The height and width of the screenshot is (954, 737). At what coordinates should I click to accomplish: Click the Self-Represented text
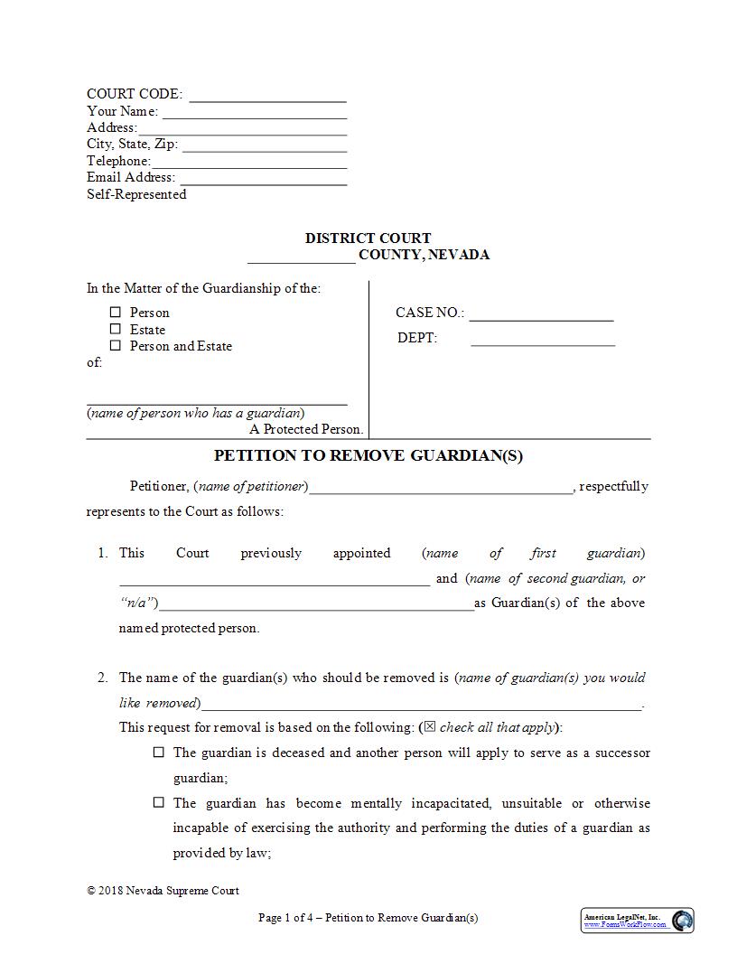tap(136, 194)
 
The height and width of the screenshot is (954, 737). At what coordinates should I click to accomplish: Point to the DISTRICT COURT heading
tap(368, 238)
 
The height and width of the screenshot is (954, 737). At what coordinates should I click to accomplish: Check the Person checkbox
tap(115, 313)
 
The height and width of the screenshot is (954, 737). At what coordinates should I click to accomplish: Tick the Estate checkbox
tap(115, 329)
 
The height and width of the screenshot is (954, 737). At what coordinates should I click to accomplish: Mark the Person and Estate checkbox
tap(115, 346)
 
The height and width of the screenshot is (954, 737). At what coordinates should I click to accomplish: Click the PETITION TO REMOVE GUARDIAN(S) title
tap(368, 455)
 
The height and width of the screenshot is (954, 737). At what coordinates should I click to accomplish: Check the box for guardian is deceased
tap(159, 753)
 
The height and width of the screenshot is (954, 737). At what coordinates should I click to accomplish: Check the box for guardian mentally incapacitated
tap(159, 803)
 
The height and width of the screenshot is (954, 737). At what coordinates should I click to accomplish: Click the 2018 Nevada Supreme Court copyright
tap(163, 891)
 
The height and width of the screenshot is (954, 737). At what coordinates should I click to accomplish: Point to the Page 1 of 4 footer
tap(368, 918)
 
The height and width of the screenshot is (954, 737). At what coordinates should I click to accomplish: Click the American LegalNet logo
tap(637, 921)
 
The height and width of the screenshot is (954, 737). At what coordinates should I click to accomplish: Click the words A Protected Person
tap(306, 430)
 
